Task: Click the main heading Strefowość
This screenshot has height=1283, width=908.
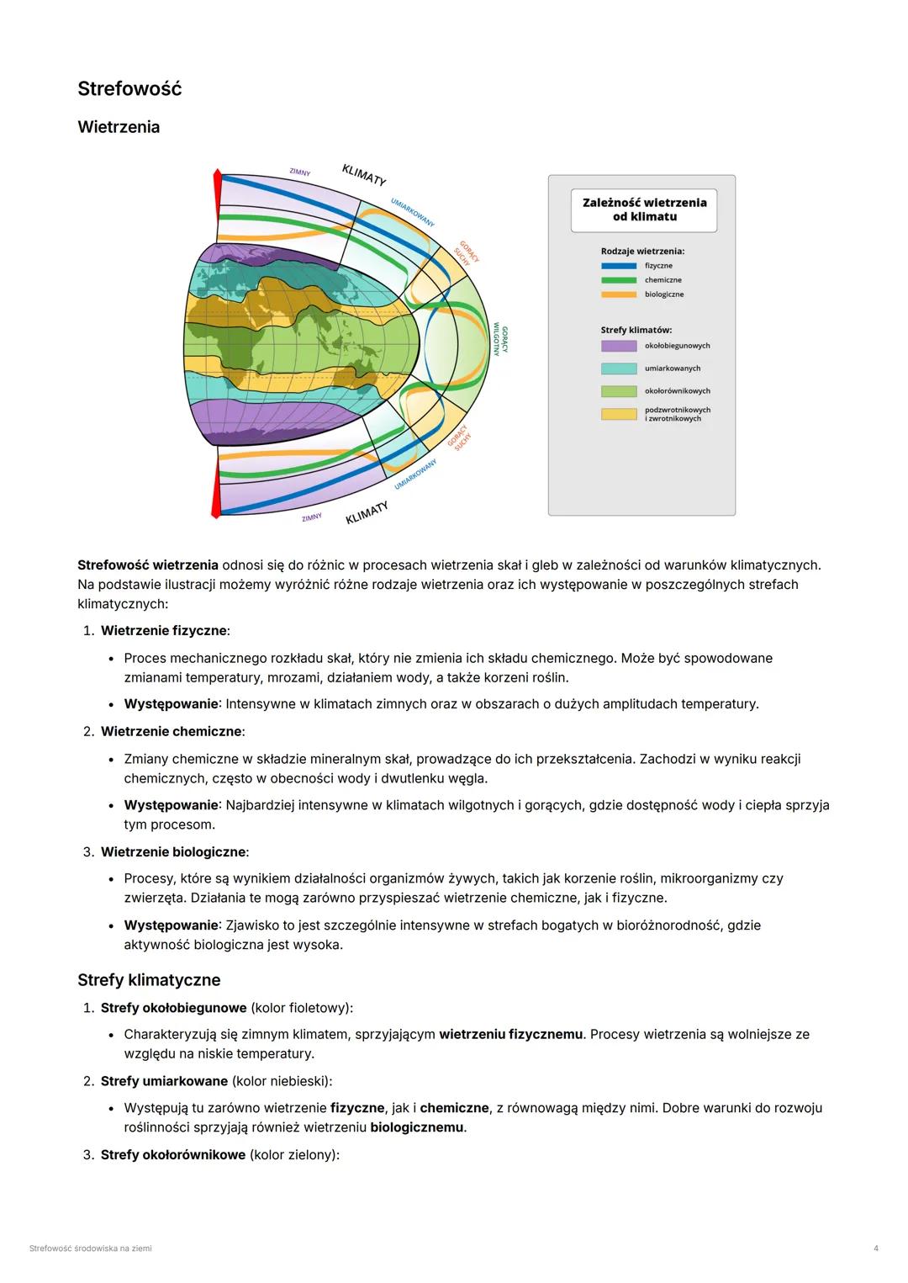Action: [129, 89]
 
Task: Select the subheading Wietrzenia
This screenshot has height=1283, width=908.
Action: [119, 127]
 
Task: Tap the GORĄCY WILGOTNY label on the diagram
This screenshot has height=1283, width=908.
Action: [500, 339]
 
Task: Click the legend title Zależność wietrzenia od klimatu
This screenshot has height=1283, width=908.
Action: [644, 209]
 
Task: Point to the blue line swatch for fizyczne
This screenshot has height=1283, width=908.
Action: [618, 266]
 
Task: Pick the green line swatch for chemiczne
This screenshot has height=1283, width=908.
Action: [618, 280]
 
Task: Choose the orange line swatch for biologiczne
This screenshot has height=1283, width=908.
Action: [618, 294]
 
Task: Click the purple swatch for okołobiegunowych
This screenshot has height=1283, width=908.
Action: [618, 346]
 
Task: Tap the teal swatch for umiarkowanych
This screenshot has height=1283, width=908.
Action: [618, 368]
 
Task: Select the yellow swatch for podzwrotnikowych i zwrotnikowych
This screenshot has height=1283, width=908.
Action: [618, 414]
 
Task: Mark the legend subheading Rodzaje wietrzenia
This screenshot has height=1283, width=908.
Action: [642, 251]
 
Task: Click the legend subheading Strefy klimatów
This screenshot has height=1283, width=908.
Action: [636, 330]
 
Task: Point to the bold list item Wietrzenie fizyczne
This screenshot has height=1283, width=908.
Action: [164, 631]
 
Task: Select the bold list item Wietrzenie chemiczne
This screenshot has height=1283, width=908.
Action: [172, 732]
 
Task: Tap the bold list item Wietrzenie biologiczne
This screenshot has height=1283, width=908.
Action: [173, 852]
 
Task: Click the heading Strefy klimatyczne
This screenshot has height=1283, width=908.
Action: [149, 980]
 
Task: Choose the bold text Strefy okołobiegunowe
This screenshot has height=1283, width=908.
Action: [173, 1008]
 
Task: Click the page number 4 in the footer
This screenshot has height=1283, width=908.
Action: [876, 1249]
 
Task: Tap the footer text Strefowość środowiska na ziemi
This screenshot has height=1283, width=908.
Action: [90, 1249]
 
